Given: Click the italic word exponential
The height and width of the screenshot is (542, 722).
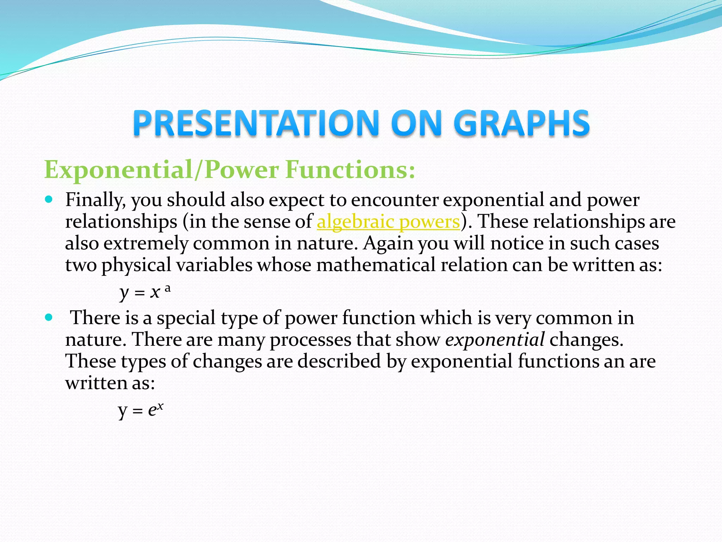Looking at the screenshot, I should pos(495,340).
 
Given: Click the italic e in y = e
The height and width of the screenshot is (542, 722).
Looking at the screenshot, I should pos(152,410).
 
